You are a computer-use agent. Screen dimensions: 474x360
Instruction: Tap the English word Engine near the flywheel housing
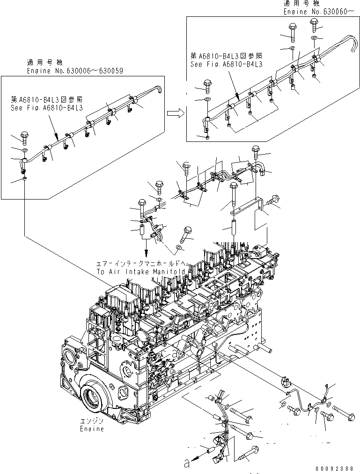tap(92, 429)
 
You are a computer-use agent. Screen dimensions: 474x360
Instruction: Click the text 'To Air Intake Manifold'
tap(142, 272)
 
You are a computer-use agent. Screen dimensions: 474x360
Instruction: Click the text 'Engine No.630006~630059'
tap(75, 71)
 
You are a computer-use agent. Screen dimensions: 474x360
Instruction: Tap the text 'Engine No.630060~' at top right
tap(316, 11)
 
